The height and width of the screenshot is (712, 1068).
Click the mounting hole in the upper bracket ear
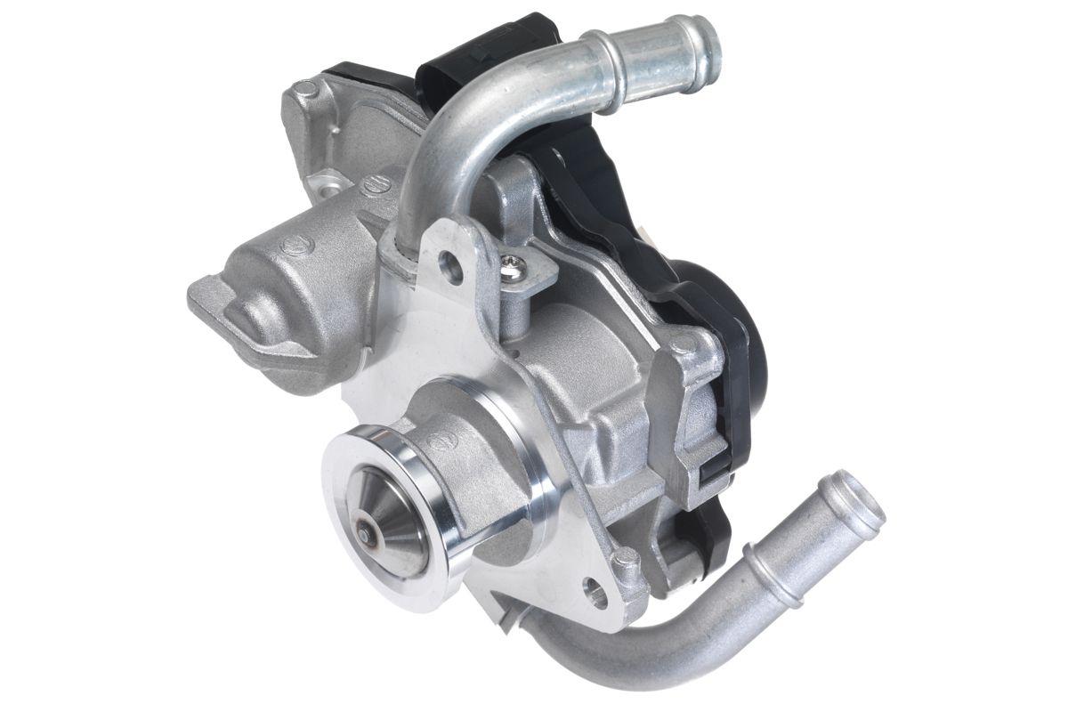[x=452, y=266]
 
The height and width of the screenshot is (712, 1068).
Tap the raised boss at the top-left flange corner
[x=305, y=89]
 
